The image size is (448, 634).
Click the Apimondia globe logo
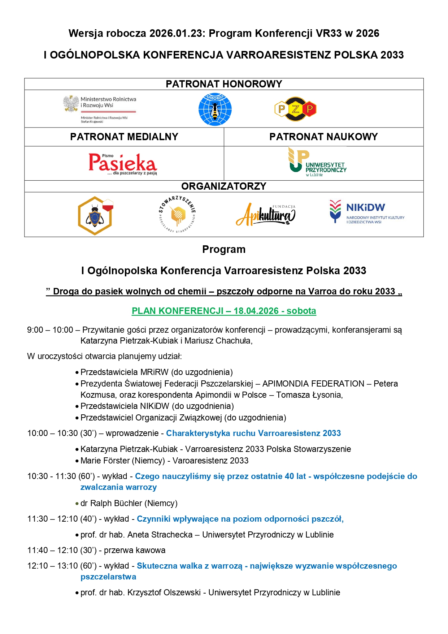pos(215,109)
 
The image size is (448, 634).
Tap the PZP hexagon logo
pos(295,109)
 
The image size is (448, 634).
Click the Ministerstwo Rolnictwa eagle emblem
pos(71,104)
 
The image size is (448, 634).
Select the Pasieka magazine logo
pos(123,164)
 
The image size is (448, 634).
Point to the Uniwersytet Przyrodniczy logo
pos(317,162)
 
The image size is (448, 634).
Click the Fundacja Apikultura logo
pos(266,215)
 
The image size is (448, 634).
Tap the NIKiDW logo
pos(366,212)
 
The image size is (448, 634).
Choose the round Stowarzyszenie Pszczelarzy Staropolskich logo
pos(177,215)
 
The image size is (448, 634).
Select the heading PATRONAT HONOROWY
pos(224,84)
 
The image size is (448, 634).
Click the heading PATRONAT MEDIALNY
pos(124,137)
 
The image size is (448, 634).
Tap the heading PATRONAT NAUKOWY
pos(323,137)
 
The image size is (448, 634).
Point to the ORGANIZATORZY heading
pos(224,186)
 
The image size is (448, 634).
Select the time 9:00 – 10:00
pos(50,330)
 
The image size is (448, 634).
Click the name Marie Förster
pos(105,461)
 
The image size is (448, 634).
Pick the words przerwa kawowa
pos(135,550)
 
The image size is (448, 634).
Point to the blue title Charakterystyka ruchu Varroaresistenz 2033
pos(253,433)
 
